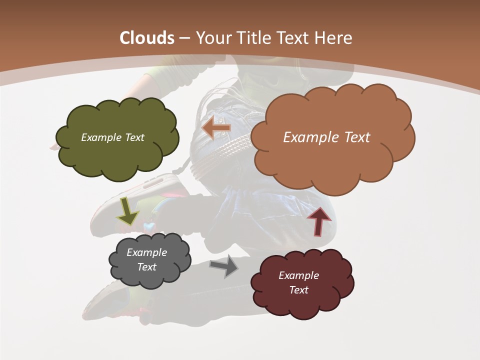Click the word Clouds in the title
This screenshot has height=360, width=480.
pos(147,38)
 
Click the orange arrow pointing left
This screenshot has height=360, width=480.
pos(216,128)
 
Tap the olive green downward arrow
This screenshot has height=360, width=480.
pos(127,211)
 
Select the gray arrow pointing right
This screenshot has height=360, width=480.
pos(224,266)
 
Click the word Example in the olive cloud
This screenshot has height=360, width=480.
pos(100,137)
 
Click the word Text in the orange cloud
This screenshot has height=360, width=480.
pos(353,137)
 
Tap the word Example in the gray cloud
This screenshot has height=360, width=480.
pos(146,252)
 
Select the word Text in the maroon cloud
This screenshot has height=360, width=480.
pos(298,290)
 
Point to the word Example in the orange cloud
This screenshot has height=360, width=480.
pos(309,137)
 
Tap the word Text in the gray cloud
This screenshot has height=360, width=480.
pos(146,267)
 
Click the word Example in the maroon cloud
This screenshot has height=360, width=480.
pos(298,275)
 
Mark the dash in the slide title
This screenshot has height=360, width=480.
pos(184,38)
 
